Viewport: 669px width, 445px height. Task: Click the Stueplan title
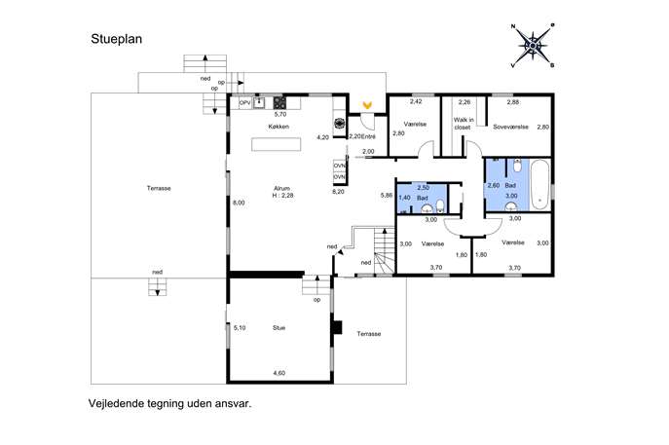point(117,39)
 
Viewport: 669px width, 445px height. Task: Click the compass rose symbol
point(533,45)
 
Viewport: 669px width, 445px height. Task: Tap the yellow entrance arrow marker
point(367,104)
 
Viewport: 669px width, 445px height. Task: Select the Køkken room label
point(279,127)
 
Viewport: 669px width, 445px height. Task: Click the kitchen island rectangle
point(276,144)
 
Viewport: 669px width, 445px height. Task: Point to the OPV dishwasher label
point(244,103)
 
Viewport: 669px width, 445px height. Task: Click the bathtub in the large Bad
point(540,184)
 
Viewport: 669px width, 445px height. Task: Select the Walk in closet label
point(464,124)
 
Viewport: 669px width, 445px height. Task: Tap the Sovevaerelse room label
point(510,128)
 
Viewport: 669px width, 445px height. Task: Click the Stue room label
point(279,328)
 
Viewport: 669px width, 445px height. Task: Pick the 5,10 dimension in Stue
point(240,328)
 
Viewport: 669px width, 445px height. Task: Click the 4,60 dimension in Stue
point(279,373)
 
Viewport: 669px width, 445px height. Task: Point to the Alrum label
point(282,189)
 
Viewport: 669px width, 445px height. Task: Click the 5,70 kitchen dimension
point(280,114)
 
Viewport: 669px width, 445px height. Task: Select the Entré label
point(368,137)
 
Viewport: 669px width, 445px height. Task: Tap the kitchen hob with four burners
point(279,103)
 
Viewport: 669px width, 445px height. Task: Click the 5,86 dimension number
point(387,196)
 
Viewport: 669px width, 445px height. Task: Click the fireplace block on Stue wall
point(337,327)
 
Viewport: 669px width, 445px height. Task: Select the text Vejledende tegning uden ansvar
point(169,403)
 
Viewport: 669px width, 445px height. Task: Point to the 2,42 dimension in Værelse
point(416,101)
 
